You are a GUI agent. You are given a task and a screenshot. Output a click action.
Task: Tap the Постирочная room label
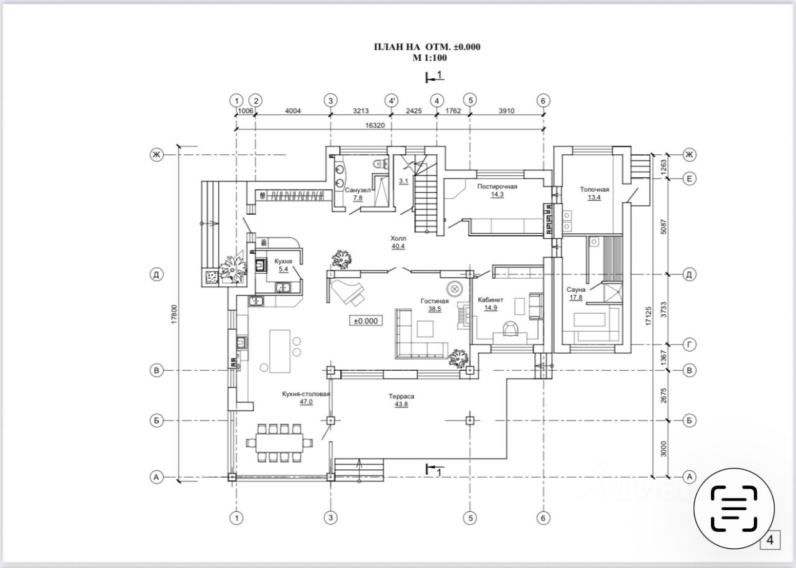(x=497, y=186)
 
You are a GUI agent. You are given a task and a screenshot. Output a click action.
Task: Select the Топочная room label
(x=594, y=190)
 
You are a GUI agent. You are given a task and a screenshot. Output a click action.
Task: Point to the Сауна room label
(x=577, y=290)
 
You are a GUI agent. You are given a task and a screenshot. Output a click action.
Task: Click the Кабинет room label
(x=491, y=300)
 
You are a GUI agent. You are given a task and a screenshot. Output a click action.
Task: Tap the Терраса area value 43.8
(x=401, y=405)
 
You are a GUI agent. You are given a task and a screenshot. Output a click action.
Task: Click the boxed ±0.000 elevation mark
(x=366, y=321)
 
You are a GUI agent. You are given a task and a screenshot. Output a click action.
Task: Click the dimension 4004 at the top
(x=292, y=111)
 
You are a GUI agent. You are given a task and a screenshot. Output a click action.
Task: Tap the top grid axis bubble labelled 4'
(x=391, y=100)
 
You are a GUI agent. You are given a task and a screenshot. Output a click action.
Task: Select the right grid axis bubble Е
(x=688, y=178)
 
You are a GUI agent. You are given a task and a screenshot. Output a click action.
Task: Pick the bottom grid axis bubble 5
(x=470, y=517)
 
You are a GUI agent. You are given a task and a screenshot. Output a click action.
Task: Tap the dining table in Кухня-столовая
(x=278, y=443)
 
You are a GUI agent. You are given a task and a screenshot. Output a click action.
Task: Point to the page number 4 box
(x=771, y=540)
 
